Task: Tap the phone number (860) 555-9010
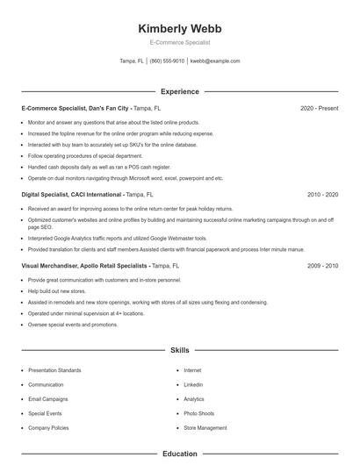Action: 167,61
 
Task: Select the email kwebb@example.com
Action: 215,61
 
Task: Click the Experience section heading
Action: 180,91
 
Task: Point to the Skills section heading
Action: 180,350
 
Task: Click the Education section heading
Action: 180,454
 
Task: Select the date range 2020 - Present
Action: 320,108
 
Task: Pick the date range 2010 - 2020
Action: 323,194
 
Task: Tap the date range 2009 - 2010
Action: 323,265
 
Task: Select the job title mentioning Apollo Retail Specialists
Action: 84,265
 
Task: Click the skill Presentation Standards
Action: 54,370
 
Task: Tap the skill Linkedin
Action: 193,384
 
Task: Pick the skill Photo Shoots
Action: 198,413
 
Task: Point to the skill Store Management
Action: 205,427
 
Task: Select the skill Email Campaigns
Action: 47,399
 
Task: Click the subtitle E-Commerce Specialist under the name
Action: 180,42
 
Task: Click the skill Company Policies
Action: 49,427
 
